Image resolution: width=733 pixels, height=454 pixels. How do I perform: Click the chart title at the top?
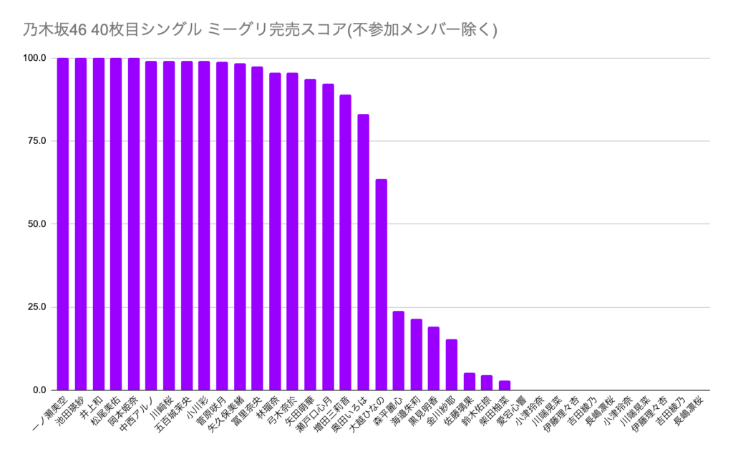click(255, 29)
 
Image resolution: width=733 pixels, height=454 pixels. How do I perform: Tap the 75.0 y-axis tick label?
click(37, 141)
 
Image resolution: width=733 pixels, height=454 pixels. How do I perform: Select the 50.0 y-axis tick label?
click(37, 224)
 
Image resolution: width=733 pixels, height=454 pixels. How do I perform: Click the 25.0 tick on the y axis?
click(37, 307)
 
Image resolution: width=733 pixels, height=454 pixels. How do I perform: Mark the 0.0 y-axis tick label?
click(39, 390)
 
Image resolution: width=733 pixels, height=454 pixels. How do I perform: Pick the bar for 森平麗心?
click(399, 351)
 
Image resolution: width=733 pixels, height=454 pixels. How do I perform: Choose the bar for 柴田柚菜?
click(505, 385)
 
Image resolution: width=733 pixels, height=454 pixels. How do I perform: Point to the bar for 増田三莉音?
click(346, 243)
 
